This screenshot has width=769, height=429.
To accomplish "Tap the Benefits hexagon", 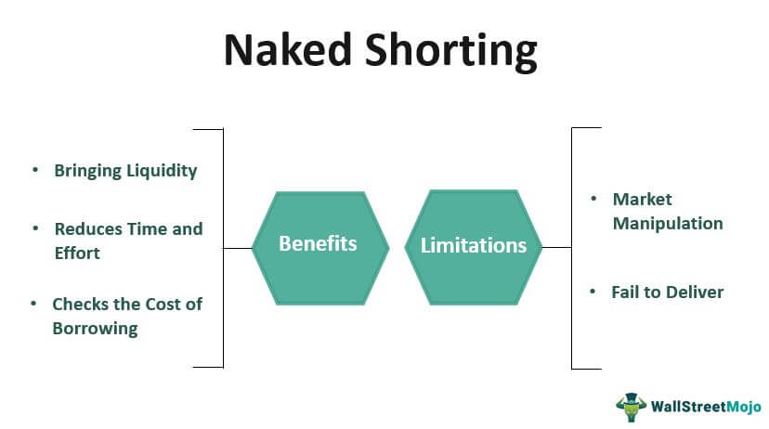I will pos(318,244).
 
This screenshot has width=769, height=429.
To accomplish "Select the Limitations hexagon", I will pos(474,246).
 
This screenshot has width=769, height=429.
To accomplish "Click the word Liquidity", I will pos(163,171).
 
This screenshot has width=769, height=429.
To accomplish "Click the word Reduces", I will pos(86,228).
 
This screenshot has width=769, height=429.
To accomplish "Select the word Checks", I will pos(82,304).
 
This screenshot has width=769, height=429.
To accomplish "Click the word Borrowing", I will pos(95,328).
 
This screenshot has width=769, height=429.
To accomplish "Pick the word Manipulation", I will pos(667,223).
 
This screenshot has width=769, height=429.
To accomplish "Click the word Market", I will pos(642,199).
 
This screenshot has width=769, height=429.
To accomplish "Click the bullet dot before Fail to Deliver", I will pos(593,292).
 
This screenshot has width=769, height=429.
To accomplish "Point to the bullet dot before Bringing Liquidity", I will pos(35,171).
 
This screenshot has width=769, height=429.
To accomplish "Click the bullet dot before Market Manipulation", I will pos(593,199).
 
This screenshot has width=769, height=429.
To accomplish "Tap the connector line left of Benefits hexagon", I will pos(238,248).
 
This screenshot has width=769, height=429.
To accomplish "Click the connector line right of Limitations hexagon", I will pos(556,248).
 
